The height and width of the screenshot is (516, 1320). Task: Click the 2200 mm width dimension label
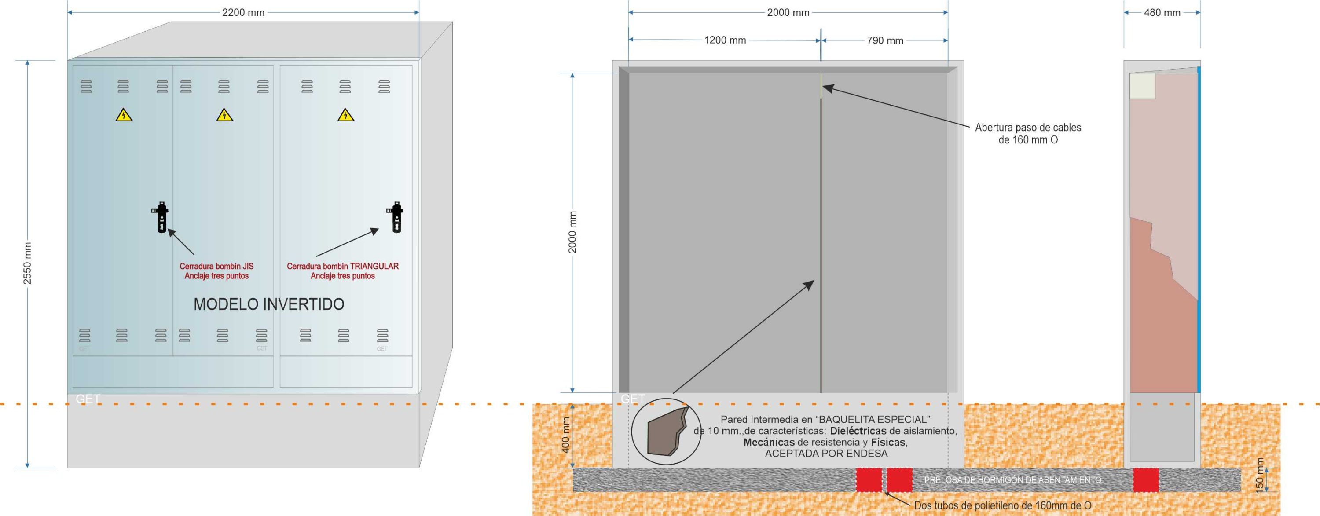(x=243, y=12)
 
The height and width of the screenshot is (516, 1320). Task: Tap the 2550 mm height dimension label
(x=28, y=263)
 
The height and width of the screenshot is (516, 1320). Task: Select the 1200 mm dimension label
(x=725, y=40)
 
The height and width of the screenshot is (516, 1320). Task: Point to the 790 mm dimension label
(x=885, y=40)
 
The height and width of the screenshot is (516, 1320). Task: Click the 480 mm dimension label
(x=1162, y=12)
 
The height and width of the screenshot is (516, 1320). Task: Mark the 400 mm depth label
(x=566, y=434)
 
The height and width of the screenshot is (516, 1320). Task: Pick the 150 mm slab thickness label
(x=1261, y=476)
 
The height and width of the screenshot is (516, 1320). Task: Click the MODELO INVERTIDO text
(x=269, y=304)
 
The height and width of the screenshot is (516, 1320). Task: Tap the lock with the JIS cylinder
(x=161, y=217)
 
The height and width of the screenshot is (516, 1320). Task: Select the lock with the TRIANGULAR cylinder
(x=396, y=217)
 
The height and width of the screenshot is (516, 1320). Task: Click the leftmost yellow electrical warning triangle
(x=124, y=115)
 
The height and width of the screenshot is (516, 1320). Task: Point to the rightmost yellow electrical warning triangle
(x=346, y=115)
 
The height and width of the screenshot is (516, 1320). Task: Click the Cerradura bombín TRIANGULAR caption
(x=343, y=271)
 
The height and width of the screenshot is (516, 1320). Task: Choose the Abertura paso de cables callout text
(x=1028, y=133)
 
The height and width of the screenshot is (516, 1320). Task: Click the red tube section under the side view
(x=1146, y=480)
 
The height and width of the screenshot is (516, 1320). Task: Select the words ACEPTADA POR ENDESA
(x=826, y=454)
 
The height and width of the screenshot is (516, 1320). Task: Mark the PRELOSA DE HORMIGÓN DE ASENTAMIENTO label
(x=1012, y=480)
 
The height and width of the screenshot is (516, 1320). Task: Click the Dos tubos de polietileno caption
(x=1003, y=505)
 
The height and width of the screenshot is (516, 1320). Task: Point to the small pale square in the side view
(x=1143, y=86)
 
